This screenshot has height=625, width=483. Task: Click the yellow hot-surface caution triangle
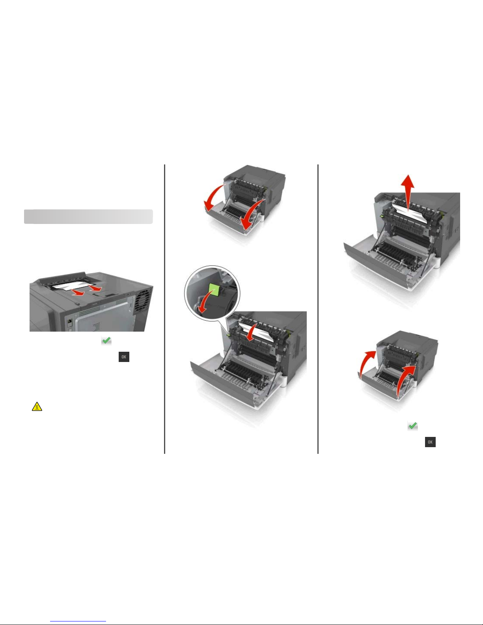(37, 407)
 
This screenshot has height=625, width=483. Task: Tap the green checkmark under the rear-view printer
(106, 341)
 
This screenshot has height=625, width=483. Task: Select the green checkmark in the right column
(412, 426)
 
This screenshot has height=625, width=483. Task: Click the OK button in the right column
(430, 442)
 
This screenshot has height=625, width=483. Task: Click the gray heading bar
(88, 216)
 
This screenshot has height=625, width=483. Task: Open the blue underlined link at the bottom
(78, 620)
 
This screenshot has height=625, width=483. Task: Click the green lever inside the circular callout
(214, 290)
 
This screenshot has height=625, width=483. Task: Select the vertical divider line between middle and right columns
(318, 309)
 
